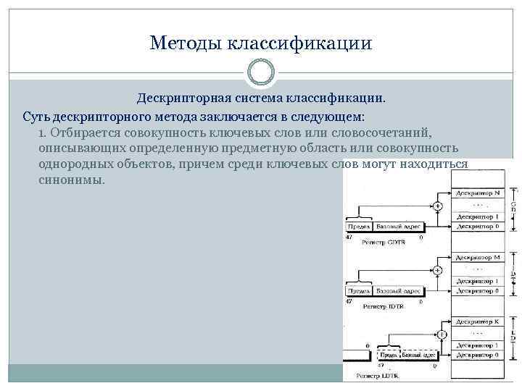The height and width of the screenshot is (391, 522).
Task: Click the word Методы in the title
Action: click(x=186, y=43)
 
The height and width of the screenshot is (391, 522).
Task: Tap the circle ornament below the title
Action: click(x=261, y=72)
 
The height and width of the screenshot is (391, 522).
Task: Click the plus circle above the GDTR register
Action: click(x=439, y=206)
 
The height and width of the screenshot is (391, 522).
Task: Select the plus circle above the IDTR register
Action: click(x=439, y=270)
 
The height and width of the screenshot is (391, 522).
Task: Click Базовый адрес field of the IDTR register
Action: click(x=399, y=291)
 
